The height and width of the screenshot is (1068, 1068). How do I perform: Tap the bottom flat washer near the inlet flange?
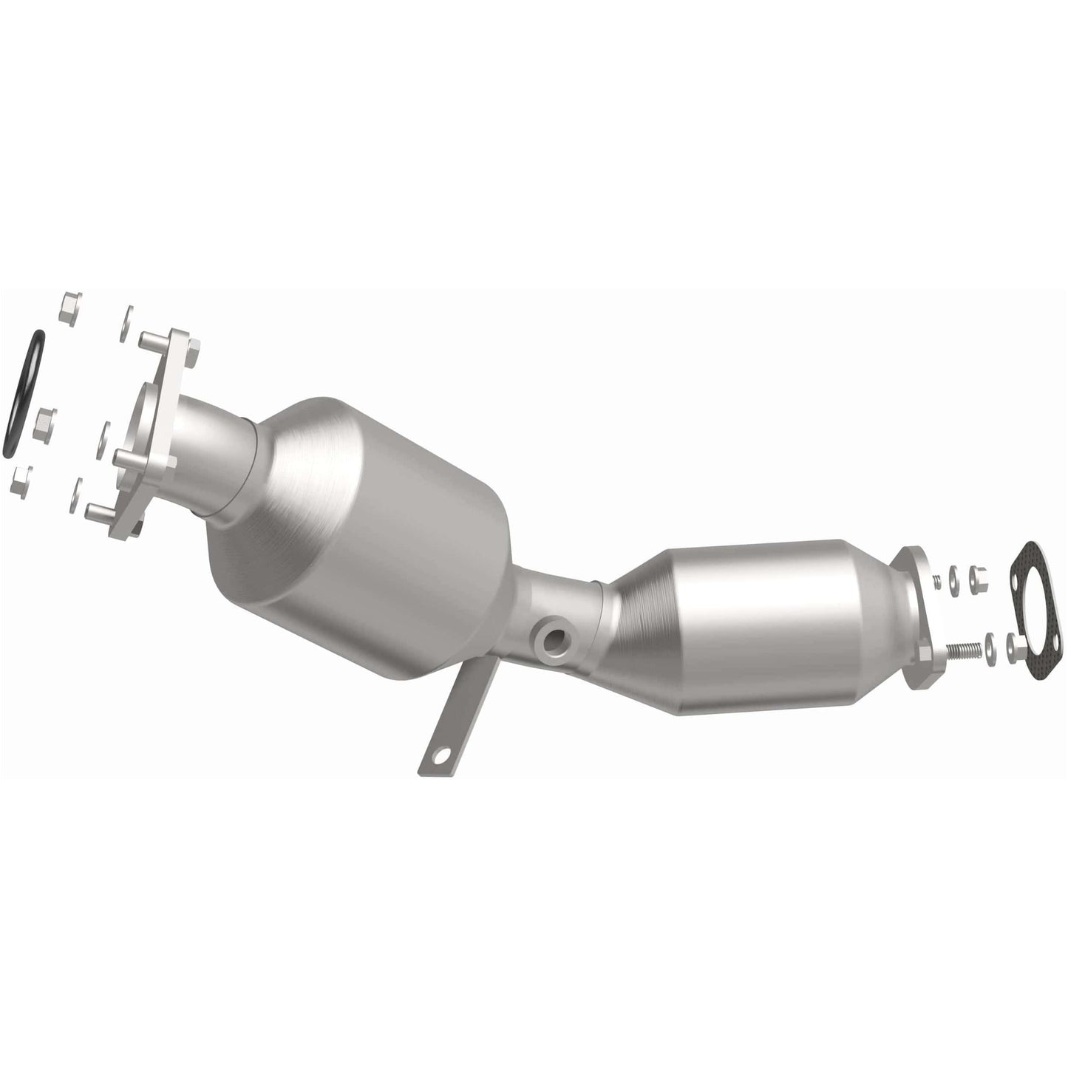(x=77, y=494)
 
